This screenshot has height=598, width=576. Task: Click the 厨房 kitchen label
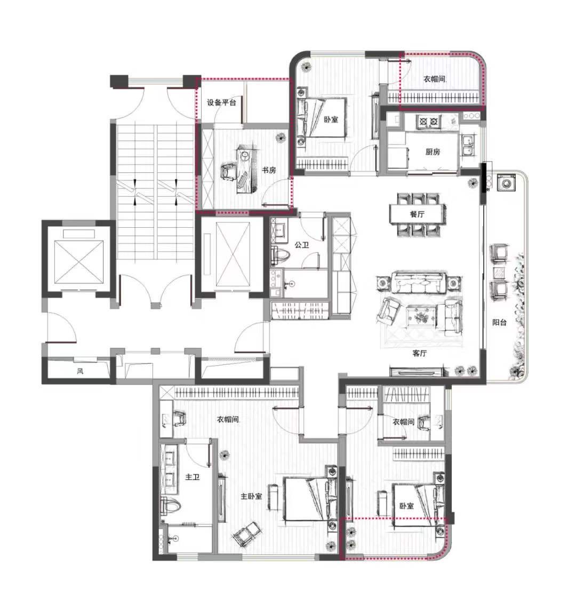point(433,152)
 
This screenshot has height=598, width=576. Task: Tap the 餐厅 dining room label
point(417,214)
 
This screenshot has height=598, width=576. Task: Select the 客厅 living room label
point(419,353)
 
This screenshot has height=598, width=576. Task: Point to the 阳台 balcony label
point(499,322)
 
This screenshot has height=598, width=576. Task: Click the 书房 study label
point(269,170)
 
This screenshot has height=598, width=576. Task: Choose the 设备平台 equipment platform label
point(221,102)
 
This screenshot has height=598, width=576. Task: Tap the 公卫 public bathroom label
point(301,244)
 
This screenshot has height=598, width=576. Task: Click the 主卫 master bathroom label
point(192,477)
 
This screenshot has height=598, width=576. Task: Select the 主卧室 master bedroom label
point(251,496)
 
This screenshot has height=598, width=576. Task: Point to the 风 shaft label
point(80,371)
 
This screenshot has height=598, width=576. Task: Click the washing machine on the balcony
point(506,183)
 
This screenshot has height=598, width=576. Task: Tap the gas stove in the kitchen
point(428,122)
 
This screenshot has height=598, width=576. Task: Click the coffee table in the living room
point(421,316)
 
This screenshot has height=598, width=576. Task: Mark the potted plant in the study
point(281,137)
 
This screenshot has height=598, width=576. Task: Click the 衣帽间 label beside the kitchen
point(434,79)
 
